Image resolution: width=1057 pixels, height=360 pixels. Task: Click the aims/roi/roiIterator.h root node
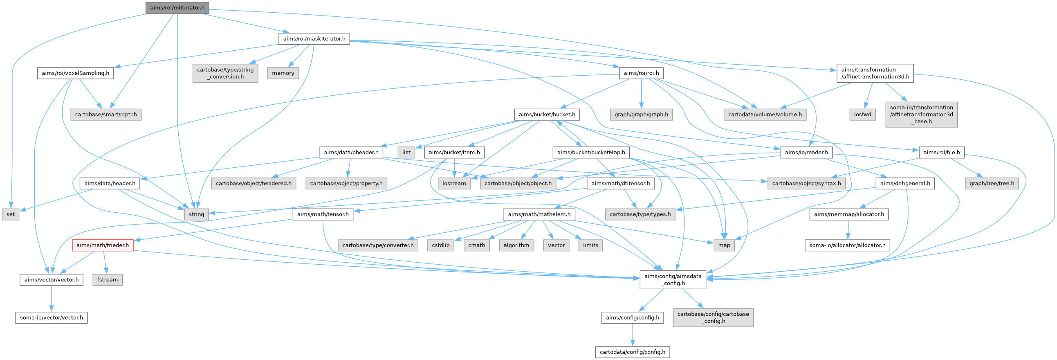click(x=177, y=8)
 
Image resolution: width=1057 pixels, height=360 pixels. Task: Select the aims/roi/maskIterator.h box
click(x=314, y=38)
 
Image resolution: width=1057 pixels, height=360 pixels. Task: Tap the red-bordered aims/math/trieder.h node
click(x=103, y=245)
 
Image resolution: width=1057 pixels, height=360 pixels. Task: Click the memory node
click(x=283, y=73)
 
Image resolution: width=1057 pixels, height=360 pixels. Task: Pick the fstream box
click(x=107, y=279)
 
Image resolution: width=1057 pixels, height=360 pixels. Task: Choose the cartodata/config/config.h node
click(x=632, y=352)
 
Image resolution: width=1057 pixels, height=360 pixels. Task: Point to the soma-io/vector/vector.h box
click(x=51, y=317)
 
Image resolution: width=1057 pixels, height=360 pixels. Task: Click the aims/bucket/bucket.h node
click(x=547, y=114)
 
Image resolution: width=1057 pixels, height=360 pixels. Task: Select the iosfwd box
click(x=862, y=114)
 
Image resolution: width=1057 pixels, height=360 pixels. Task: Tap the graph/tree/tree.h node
click(x=991, y=183)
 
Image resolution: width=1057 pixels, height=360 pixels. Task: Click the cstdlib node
click(x=440, y=245)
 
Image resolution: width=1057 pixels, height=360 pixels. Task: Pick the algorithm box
click(x=516, y=245)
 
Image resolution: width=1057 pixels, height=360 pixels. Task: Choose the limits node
click(x=590, y=245)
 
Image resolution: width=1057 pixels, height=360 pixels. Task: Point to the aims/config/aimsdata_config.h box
click(x=673, y=279)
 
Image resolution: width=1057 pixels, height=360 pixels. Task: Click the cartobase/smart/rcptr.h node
click(x=106, y=114)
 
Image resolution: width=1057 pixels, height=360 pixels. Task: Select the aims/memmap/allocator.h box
click(x=848, y=214)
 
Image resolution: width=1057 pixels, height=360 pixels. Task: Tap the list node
click(x=406, y=152)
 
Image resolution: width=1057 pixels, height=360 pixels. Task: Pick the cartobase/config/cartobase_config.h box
click(x=713, y=317)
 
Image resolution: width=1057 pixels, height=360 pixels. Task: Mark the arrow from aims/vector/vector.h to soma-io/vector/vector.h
click(x=51, y=299)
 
